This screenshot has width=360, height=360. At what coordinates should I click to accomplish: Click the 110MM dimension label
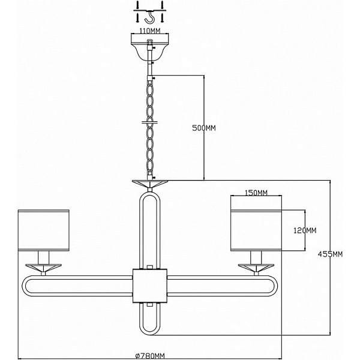tap(149, 31)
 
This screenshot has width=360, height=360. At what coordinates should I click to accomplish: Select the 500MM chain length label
tap(204, 128)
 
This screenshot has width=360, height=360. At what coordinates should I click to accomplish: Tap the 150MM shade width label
tap(256, 193)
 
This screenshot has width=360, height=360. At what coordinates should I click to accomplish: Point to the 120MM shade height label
tap(305, 230)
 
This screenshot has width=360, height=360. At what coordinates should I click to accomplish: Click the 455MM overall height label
tap(330, 254)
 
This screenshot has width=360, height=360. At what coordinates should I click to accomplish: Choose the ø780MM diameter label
tap(150, 356)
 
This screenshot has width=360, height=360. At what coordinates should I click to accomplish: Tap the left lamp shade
tap(44, 230)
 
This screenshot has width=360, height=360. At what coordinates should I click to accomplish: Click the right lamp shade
tap(256, 230)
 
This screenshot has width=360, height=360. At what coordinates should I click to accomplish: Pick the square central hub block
tap(150, 286)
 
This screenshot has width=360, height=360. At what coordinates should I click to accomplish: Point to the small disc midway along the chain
tap(150, 122)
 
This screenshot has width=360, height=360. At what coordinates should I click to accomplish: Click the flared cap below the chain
tap(150, 184)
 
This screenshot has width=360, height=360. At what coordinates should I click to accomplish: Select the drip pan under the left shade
tap(43, 268)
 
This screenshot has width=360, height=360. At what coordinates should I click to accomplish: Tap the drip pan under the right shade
tap(256, 268)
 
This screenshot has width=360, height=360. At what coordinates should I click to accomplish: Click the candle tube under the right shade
tap(256, 257)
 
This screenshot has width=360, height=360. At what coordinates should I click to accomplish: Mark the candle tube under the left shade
tap(44, 257)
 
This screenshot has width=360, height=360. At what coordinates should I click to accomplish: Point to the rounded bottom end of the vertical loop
tap(150, 331)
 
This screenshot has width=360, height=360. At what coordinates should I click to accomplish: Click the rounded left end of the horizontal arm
tap(25, 286)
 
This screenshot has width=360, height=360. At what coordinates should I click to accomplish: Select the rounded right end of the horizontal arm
tap(275, 286)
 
